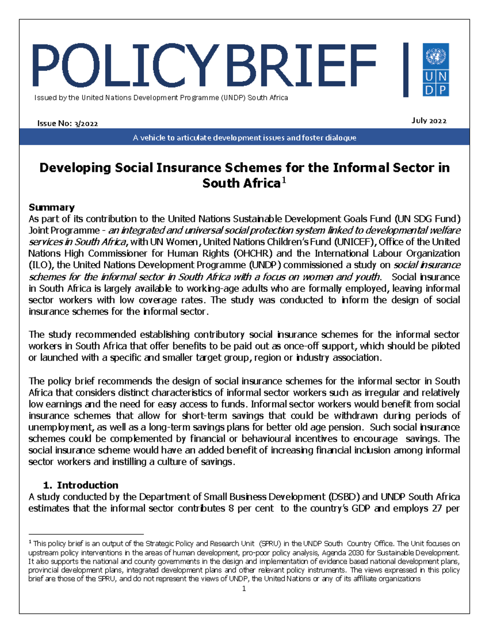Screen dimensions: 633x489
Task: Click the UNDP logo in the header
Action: tap(436, 70)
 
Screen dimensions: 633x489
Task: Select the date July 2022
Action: tap(429, 121)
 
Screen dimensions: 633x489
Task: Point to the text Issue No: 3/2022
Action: tap(68, 124)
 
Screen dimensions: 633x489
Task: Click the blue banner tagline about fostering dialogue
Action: tap(244, 138)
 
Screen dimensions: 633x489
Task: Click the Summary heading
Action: tap(51, 207)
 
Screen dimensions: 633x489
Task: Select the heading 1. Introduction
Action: tap(80, 485)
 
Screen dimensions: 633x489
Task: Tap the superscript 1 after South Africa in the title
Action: tap(284, 181)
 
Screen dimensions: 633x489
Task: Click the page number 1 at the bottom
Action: tap(244, 589)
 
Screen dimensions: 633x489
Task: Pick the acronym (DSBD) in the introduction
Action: tap(343, 497)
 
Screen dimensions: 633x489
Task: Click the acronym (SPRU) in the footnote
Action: tap(270, 544)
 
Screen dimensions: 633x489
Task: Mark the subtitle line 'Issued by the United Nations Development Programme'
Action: tap(161, 98)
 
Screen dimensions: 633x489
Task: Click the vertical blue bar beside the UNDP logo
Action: tap(405, 70)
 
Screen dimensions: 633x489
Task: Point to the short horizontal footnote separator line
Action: tap(86, 534)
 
